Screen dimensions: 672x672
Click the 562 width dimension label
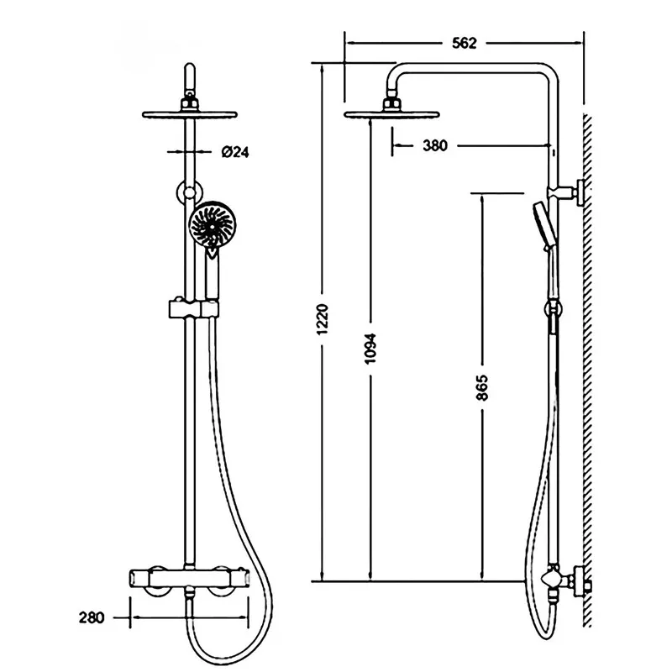point(465,43)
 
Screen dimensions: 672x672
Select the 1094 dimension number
point(370,349)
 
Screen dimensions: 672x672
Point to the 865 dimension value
point(482,387)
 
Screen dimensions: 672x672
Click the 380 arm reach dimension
point(435,145)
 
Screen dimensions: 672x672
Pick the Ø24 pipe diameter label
point(235,152)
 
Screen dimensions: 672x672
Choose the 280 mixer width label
point(92,617)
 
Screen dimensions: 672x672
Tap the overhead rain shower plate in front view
point(190,114)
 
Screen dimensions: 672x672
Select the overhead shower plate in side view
point(391,114)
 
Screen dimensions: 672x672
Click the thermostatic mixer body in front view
point(189,580)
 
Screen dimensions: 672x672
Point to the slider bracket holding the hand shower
point(194,309)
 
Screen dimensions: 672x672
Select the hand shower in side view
point(544,227)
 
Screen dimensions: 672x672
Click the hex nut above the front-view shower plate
point(190,102)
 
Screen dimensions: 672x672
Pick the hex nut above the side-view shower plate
point(391,102)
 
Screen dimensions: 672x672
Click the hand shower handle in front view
point(213,276)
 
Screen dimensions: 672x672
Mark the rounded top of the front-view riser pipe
point(190,69)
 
